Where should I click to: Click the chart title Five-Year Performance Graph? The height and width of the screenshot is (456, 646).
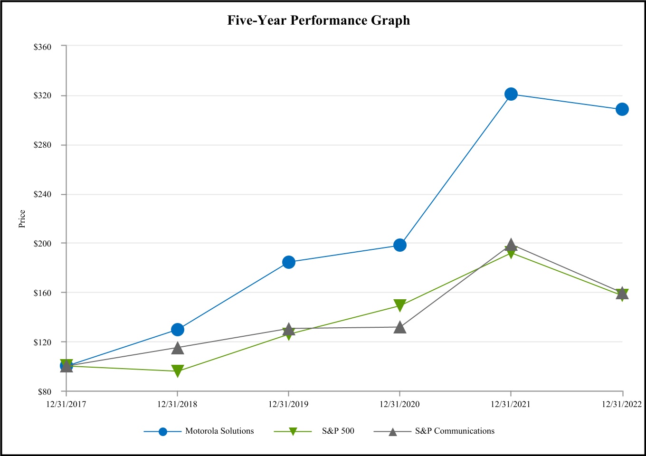[x=318, y=20]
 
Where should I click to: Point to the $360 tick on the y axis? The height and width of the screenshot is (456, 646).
[x=42, y=47]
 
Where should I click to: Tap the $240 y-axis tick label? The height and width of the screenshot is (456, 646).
[x=42, y=194]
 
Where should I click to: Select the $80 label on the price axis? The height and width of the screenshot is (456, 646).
[x=44, y=392]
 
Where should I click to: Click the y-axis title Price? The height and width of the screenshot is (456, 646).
[x=22, y=219]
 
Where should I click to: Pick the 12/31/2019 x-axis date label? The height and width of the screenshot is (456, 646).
[x=288, y=404]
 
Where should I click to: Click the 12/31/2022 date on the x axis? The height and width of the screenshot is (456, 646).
[x=622, y=404]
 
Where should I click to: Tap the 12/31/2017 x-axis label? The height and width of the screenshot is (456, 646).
[x=66, y=404]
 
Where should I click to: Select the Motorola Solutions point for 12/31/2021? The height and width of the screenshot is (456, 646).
[x=511, y=94]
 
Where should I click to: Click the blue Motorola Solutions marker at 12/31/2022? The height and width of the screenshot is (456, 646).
[x=622, y=109]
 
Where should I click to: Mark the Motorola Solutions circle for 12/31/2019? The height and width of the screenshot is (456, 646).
[x=289, y=262]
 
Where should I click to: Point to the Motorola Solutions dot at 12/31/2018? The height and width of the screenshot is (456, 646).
[x=178, y=330]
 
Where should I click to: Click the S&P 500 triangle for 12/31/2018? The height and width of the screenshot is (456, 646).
[x=178, y=371]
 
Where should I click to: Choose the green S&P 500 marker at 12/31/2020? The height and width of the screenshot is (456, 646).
[x=400, y=305]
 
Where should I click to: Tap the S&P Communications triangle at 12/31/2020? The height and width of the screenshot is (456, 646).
[x=400, y=327]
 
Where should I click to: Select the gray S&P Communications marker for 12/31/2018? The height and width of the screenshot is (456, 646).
[x=178, y=348]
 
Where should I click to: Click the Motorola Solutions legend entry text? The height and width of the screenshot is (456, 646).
[x=219, y=431]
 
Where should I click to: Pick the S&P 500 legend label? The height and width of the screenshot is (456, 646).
[x=338, y=431]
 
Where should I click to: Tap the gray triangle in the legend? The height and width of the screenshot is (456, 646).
[x=393, y=432]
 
